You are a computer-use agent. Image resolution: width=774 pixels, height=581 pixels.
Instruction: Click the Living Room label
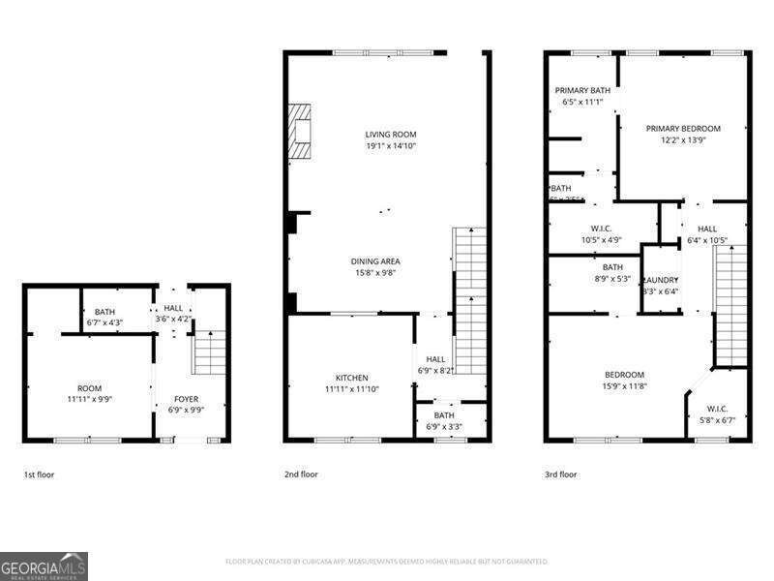pyautogui.click(x=390, y=135)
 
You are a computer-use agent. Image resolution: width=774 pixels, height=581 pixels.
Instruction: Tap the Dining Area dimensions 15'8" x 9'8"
pyautogui.click(x=374, y=273)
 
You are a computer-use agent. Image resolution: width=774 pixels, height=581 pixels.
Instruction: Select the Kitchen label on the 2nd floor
pyautogui.click(x=351, y=378)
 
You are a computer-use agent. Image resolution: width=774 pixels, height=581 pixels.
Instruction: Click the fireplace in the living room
pyautogui.click(x=300, y=131)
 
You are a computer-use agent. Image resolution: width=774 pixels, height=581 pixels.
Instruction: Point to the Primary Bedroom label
pyautogui.click(x=683, y=129)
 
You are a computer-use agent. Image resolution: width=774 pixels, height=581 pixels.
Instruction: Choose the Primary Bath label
pyautogui.click(x=582, y=90)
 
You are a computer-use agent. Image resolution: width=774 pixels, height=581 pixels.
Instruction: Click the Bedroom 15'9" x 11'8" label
pyautogui.click(x=624, y=375)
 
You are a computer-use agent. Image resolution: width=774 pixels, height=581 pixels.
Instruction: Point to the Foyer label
pyautogui.click(x=187, y=398)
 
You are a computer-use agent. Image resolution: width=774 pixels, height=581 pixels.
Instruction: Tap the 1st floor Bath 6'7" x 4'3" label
pyautogui.click(x=104, y=312)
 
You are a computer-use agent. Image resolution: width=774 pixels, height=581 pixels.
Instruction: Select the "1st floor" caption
pyautogui.click(x=40, y=474)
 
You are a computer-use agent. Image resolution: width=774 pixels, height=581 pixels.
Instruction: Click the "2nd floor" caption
pyautogui.click(x=301, y=474)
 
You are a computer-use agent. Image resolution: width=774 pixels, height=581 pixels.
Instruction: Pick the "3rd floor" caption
pyautogui.click(x=560, y=474)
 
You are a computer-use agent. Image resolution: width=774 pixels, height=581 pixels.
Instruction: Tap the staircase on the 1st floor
pyautogui.click(x=210, y=352)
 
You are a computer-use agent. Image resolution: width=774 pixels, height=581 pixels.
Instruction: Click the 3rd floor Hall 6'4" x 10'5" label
pyautogui.click(x=707, y=229)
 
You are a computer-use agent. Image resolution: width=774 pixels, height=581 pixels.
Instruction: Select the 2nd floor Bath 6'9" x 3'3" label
pyautogui.click(x=443, y=415)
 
